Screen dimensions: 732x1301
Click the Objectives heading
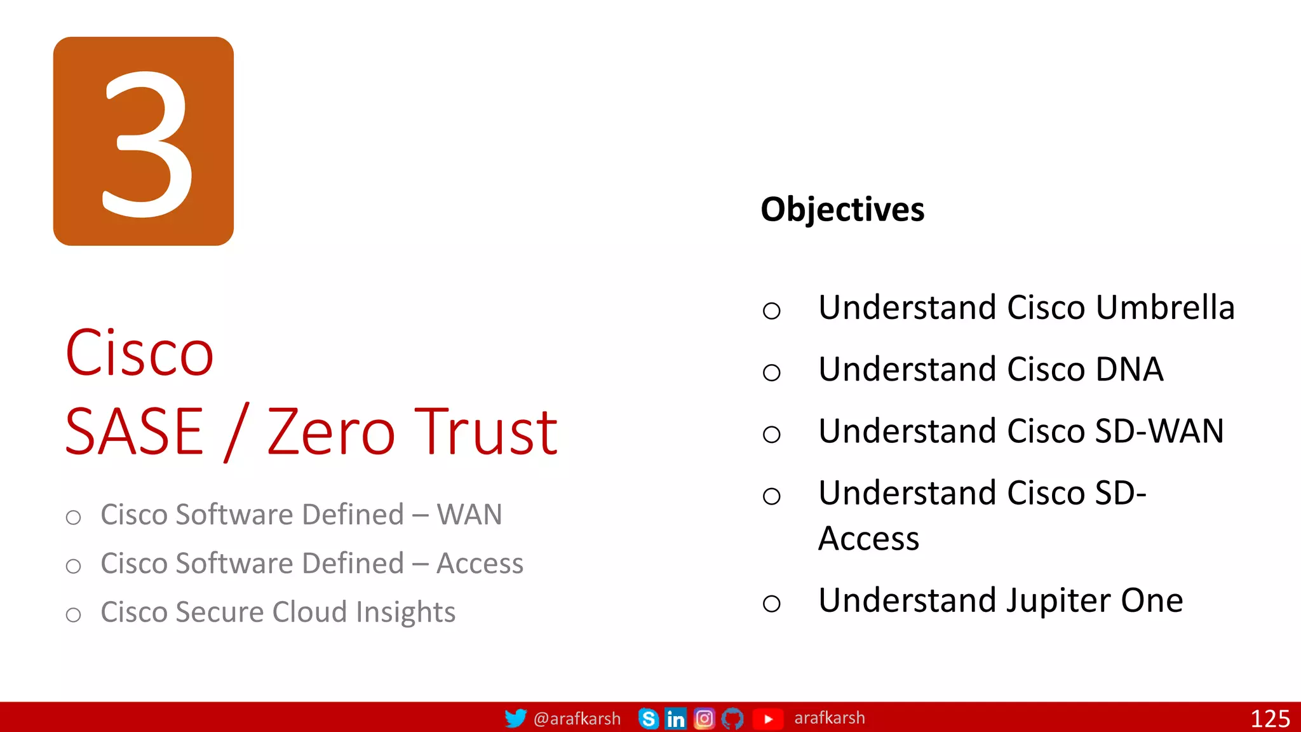tap(842, 210)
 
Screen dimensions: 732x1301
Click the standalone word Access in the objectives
tap(868, 539)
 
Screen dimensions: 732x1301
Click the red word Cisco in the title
tap(140, 353)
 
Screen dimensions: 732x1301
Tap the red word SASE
tap(135, 432)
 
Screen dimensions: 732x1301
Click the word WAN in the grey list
tap(469, 515)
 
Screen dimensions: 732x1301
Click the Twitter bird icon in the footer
tap(515, 718)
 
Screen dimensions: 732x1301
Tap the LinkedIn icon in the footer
tap(675, 719)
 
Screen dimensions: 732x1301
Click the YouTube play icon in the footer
tap(768, 719)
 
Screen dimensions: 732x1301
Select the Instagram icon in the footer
tap(704, 719)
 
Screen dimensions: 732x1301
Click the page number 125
tap(1270, 719)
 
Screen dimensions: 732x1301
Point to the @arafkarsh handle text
tap(577, 719)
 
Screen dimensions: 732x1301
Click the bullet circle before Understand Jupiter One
tap(771, 603)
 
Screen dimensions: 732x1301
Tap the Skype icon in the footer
tap(648, 719)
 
